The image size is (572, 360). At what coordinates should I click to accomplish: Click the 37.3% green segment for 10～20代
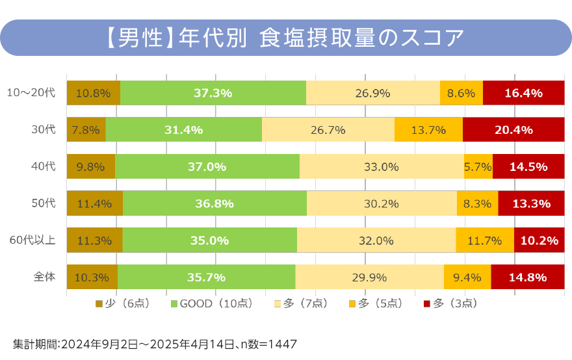click(213, 93)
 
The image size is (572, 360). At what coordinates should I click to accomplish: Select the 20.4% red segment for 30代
click(513, 130)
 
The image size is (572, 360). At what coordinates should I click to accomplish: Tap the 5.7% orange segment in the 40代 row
click(478, 167)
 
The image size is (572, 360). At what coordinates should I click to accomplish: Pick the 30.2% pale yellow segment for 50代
click(382, 204)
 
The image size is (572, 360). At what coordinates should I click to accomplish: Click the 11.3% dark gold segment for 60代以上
click(94, 240)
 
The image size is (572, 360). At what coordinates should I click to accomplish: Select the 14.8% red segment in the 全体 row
click(527, 277)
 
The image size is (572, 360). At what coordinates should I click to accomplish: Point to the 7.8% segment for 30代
click(86, 130)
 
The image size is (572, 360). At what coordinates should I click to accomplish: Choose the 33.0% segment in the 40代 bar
click(381, 167)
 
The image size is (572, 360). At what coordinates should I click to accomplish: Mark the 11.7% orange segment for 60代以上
click(484, 240)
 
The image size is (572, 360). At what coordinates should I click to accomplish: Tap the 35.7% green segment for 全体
click(206, 277)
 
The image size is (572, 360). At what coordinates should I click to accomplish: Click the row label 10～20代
click(31, 93)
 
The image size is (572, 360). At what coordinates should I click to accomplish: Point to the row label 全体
click(44, 277)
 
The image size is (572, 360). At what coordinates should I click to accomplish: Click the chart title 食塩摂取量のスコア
click(361, 38)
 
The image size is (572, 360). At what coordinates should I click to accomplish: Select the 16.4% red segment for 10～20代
click(523, 93)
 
